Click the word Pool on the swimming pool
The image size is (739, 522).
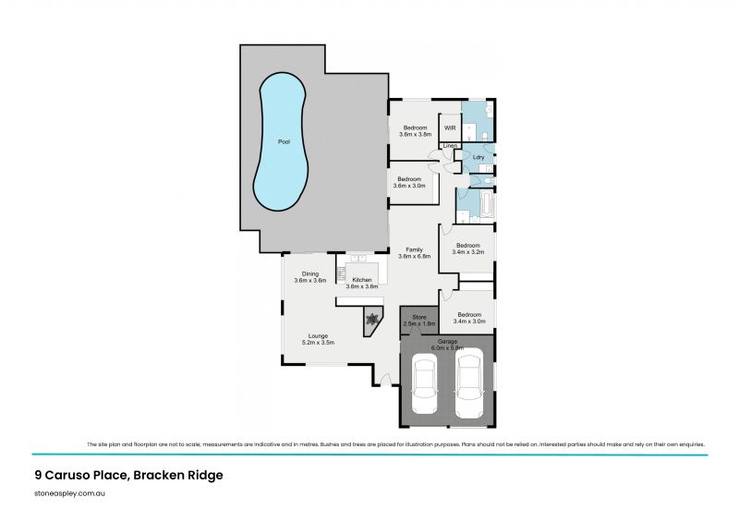pos(284,141)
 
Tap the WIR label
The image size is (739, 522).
pos(450,127)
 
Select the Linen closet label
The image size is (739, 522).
pos(450,147)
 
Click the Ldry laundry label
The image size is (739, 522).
pos(479,157)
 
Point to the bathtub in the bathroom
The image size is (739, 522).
pos(487,202)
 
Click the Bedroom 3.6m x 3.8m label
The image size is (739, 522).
pos(415,130)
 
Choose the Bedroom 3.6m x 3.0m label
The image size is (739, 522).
pos(409,182)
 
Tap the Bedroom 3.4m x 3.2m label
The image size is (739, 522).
pos(468,248)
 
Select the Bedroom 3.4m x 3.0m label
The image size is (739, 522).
pos(468,318)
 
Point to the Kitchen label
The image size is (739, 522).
pos(361,283)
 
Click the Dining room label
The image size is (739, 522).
pos(309,276)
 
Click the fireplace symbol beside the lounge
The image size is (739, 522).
pos(372,320)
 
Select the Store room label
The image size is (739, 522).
pos(418,321)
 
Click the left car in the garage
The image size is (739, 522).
pos(426,385)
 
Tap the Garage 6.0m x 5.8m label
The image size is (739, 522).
pos(446,343)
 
